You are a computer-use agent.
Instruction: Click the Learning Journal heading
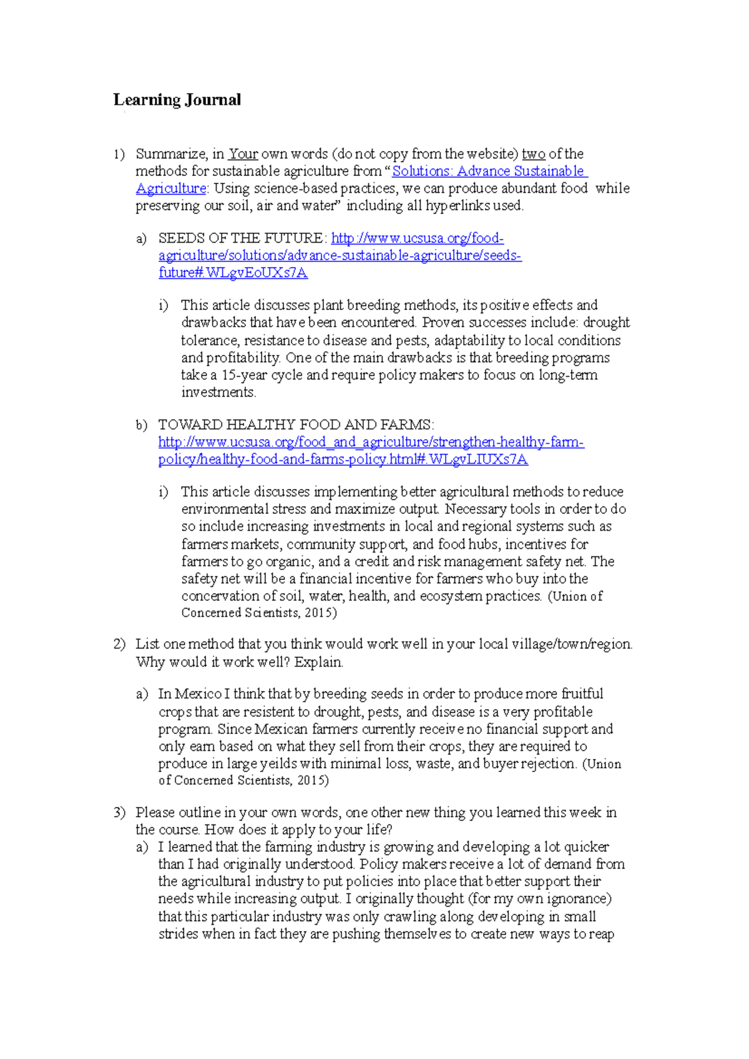click(177, 100)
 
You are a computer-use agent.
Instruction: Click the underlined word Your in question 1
click(243, 154)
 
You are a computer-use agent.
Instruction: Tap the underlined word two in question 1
click(533, 154)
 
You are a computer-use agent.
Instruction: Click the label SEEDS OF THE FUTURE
click(241, 238)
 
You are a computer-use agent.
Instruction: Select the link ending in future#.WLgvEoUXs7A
click(233, 273)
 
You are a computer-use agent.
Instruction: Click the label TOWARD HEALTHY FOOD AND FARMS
click(295, 425)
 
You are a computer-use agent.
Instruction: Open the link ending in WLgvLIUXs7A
click(343, 460)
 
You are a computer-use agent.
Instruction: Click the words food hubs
click(468, 544)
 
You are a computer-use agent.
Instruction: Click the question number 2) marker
click(119, 644)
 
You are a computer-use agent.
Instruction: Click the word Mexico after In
click(198, 694)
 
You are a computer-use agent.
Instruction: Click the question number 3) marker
click(119, 813)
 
